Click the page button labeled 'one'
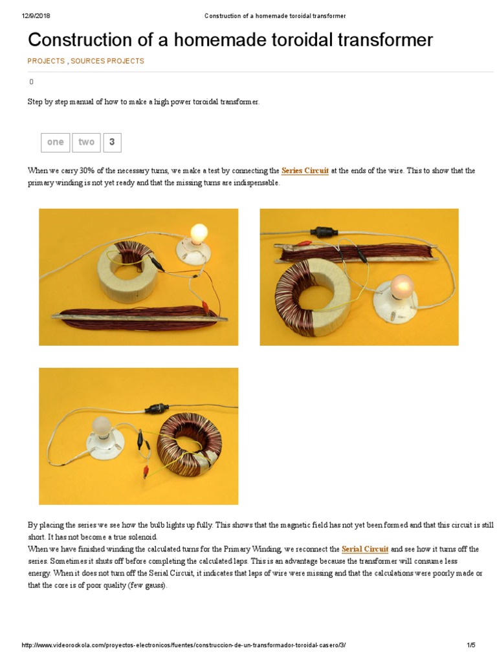[x=56, y=142]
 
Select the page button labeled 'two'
[x=86, y=142]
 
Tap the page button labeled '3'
[x=112, y=142]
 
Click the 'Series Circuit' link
[x=305, y=171]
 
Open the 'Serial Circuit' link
[x=365, y=550]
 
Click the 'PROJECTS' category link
[x=46, y=61]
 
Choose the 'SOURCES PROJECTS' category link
[x=107, y=61]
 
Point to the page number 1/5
[x=470, y=645]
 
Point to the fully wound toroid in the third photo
[x=188, y=443]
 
